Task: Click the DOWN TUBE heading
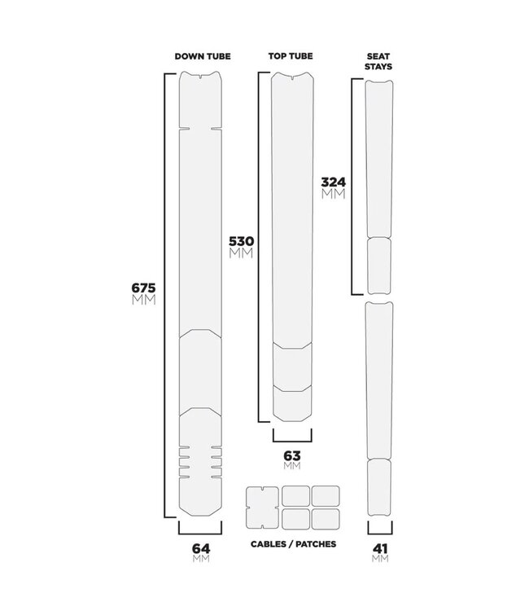pos(203,56)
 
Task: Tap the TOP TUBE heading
pos(291,56)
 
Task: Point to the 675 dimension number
pos(143,288)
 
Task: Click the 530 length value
pos(242,241)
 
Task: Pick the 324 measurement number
pos(333,182)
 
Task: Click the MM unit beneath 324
pos(333,195)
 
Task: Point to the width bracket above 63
pos(291,436)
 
